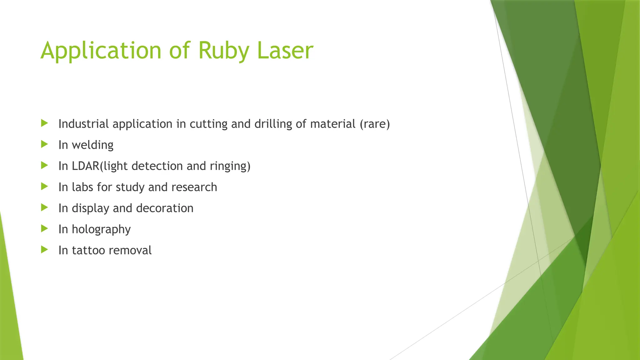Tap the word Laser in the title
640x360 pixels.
[285, 51]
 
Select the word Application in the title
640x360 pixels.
[101, 51]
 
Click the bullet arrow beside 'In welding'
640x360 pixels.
[44, 144]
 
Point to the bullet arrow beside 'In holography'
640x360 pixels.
[44, 229]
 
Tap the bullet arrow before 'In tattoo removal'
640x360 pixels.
[44, 250]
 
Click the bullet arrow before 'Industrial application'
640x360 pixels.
[44, 123]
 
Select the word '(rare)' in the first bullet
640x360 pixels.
[375, 124]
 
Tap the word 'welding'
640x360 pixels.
[92, 145]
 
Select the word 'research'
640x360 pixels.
[194, 187]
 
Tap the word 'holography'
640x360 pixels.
[101, 229]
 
